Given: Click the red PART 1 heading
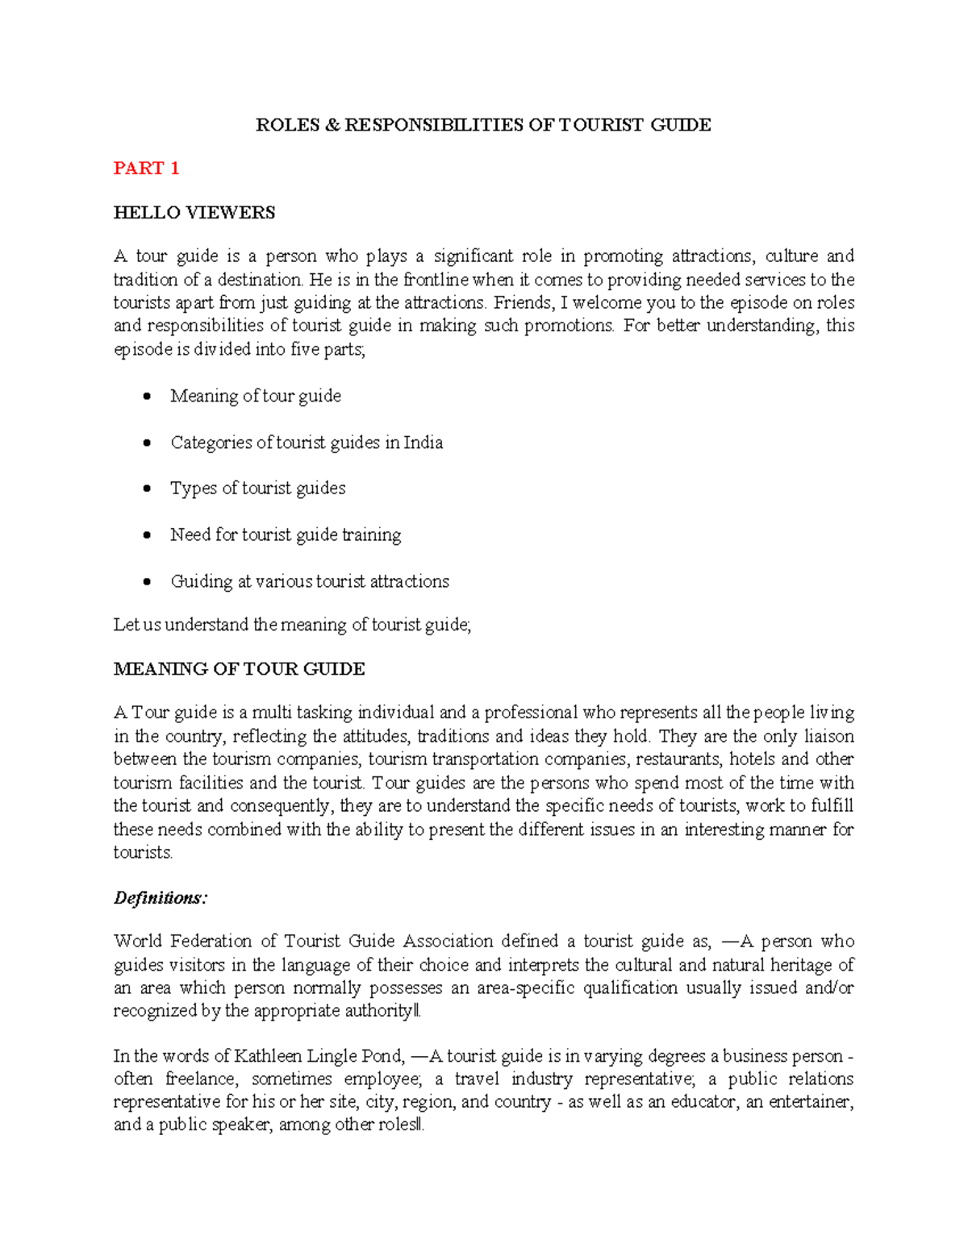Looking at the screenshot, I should click(x=146, y=168).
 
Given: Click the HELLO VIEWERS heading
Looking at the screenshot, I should click(x=194, y=213).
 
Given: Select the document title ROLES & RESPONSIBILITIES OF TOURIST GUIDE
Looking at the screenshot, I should click(x=483, y=125).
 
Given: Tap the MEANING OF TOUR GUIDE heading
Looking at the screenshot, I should click(x=239, y=669).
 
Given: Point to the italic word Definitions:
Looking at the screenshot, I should click(x=160, y=898).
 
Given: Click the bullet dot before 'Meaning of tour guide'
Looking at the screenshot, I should click(x=146, y=397).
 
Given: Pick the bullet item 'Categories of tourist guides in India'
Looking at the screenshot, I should click(x=307, y=443).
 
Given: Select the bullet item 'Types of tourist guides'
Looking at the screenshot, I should click(x=257, y=489).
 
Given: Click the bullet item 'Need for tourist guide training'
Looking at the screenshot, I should click(x=286, y=535).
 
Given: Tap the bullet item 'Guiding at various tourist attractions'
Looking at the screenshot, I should click(x=310, y=581).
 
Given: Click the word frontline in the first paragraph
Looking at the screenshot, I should click(x=435, y=280).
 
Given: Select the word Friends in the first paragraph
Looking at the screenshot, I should click(x=520, y=303).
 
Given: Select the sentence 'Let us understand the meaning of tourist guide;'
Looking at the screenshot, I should click(x=292, y=625).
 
